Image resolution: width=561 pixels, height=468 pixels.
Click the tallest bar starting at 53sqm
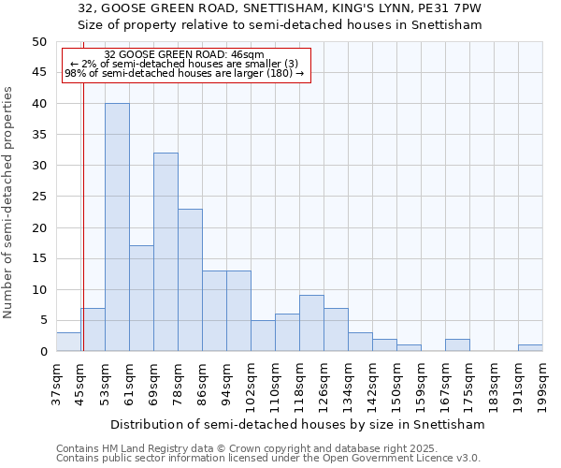pyautogui.click(x=117, y=227)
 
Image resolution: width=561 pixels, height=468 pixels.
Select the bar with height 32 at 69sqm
pyautogui.click(x=165, y=252)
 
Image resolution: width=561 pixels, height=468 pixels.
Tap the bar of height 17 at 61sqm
pyautogui.click(x=141, y=299)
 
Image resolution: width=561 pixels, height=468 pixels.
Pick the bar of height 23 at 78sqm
pyautogui.click(x=190, y=280)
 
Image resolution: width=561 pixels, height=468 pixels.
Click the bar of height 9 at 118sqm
pyautogui.click(x=311, y=323)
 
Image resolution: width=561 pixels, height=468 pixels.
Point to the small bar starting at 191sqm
pyautogui.click(x=530, y=348)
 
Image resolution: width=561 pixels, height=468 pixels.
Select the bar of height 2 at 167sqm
pyautogui.click(x=457, y=345)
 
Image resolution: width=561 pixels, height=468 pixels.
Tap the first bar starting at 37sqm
pyautogui.click(x=68, y=342)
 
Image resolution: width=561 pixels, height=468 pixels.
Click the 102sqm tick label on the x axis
pyautogui.click(x=251, y=385)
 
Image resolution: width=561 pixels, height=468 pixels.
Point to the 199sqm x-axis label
pyautogui.click(x=542, y=385)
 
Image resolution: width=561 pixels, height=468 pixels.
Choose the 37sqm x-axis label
pyautogui.click(x=56, y=385)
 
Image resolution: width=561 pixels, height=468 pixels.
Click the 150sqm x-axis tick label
pyautogui.click(x=396, y=385)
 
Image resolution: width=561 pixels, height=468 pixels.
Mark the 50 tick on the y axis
pyautogui.click(x=39, y=42)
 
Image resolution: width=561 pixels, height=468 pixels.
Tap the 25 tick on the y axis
pyautogui.click(x=39, y=197)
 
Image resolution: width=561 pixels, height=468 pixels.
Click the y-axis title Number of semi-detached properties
pyautogui.click(x=8, y=202)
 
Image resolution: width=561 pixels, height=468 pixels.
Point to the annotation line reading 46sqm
pyautogui.click(x=184, y=55)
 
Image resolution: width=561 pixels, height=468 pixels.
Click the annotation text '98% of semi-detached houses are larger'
pyautogui.click(x=184, y=74)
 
